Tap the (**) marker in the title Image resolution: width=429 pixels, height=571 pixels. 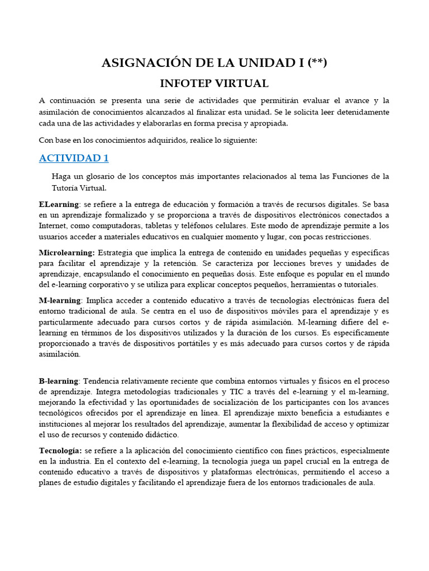(x=316, y=63)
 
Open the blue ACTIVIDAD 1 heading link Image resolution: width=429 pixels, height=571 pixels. (x=74, y=158)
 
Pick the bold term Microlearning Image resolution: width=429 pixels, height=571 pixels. (x=66, y=253)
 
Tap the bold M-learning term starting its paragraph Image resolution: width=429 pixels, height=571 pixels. (x=60, y=301)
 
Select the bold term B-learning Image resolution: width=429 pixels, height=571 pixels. (x=59, y=381)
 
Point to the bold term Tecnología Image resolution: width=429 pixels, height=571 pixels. (x=60, y=450)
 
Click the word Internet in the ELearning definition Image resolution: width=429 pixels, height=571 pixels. (x=52, y=226)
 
